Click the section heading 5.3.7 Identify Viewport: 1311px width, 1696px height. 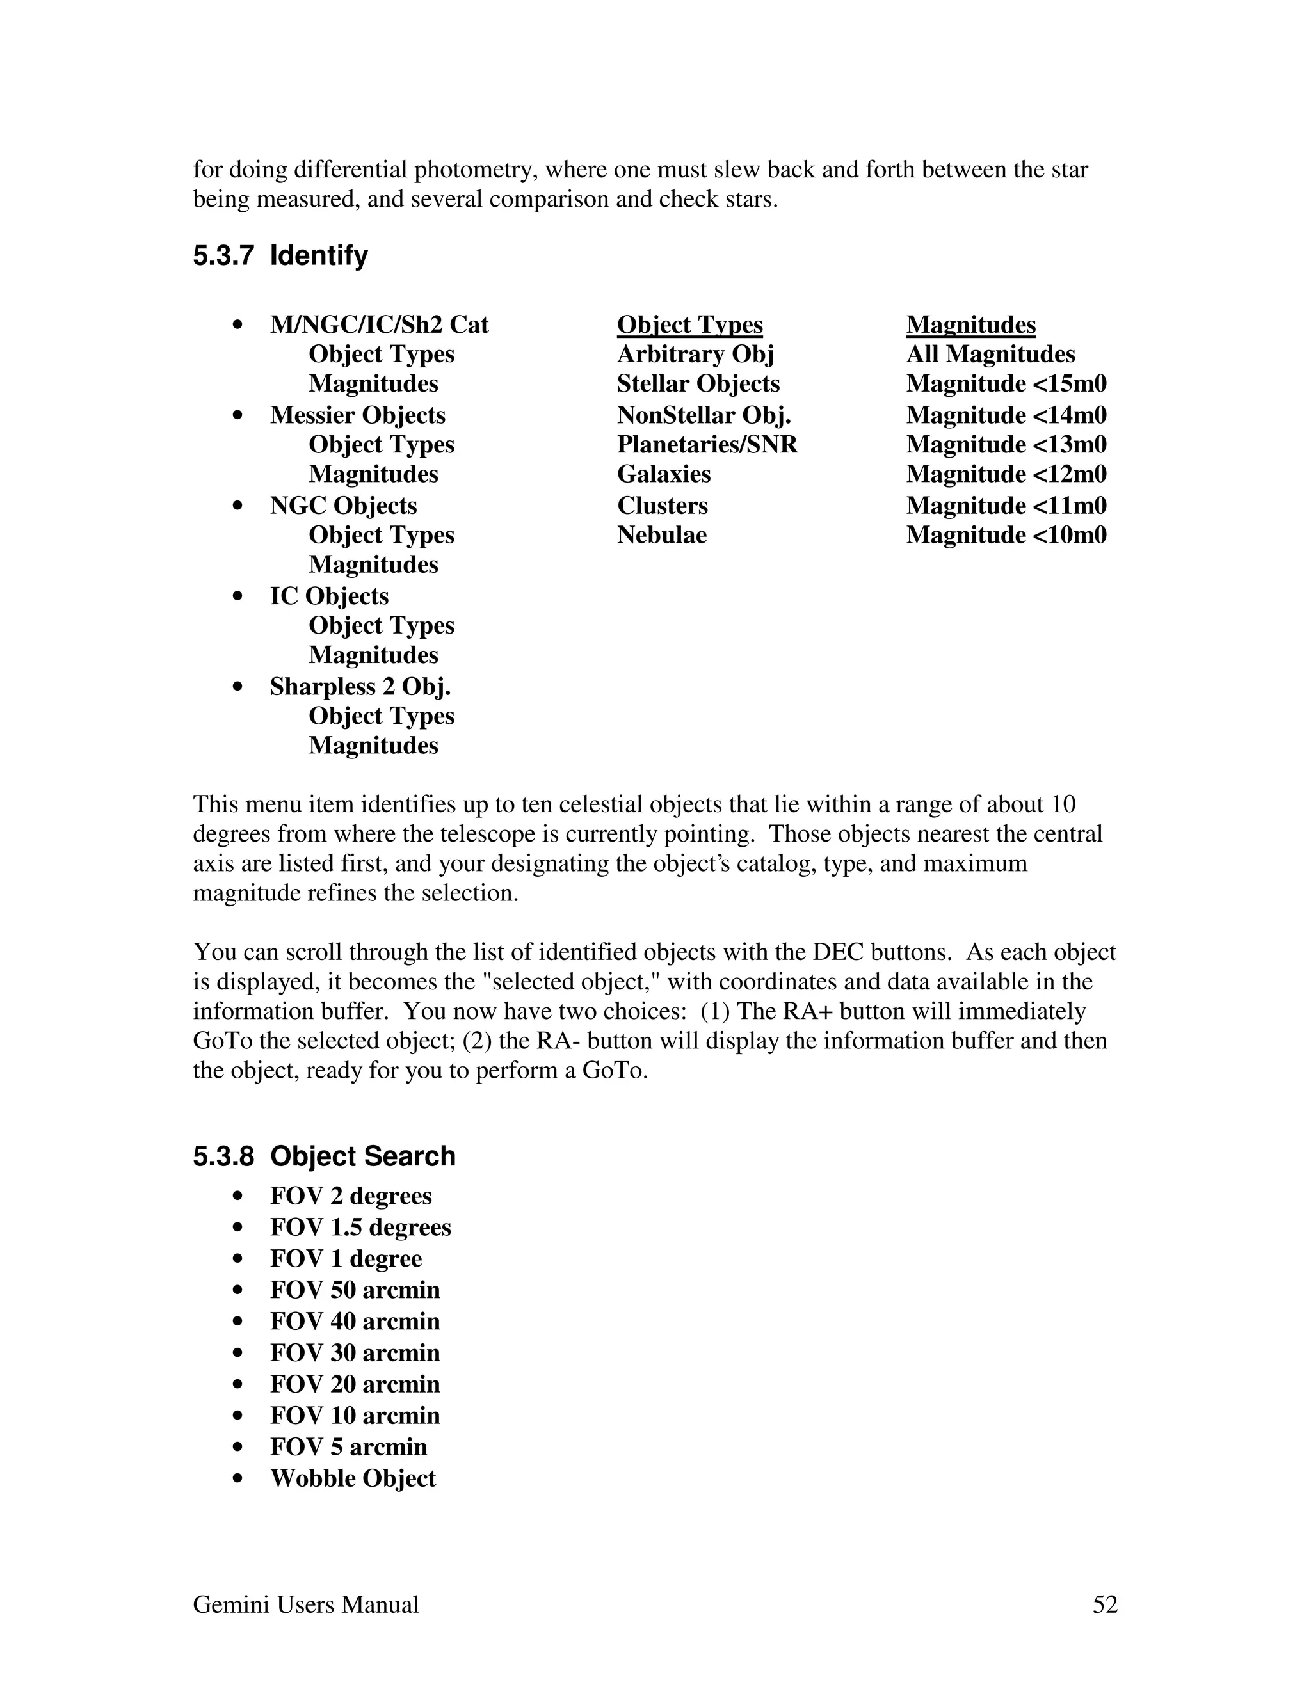[280, 255]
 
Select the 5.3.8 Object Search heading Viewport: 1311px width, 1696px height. [324, 1156]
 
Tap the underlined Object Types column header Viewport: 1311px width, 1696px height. [689, 324]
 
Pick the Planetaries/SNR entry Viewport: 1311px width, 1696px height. [707, 445]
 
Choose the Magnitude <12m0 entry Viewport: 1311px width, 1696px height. [1006, 474]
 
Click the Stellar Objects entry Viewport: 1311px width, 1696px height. [698, 383]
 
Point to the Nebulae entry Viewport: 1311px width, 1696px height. [662, 535]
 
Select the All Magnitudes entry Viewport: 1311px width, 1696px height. [990, 354]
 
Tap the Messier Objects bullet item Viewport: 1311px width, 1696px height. [357, 415]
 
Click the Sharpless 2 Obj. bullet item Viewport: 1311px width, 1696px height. [360, 687]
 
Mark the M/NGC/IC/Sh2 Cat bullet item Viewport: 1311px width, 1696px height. [379, 324]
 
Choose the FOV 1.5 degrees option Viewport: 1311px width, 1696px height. [360, 1228]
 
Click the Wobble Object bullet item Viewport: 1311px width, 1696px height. [353, 1478]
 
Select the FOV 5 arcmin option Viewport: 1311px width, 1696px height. [349, 1448]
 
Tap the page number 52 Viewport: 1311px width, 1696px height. [1104, 1605]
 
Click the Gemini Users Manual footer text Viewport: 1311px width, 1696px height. [305, 1605]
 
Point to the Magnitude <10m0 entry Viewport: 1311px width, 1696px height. [1006, 535]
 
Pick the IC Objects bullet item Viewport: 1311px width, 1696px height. [328, 596]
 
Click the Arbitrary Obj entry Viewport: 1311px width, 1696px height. [695, 354]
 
